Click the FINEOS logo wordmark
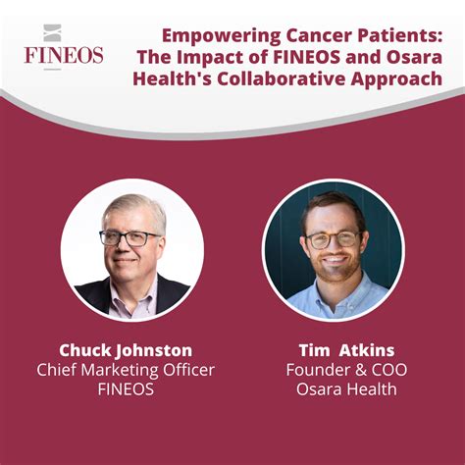click(x=64, y=55)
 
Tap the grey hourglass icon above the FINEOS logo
click(x=52, y=32)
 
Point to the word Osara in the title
click(x=415, y=58)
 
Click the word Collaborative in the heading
click(x=281, y=78)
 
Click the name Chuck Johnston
click(x=126, y=351)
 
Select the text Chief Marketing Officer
click(x=126, y=370)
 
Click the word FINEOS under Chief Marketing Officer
click(x=126, y=389)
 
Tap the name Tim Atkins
click(x=346, y=350)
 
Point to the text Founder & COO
click(x=346, y=370)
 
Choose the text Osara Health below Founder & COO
click(x=346, y=389)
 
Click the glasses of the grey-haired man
click(x=129, y=238)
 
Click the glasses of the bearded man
click(x=334, y=239)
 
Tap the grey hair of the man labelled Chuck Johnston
click(x=135, y=209)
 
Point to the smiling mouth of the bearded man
click(x=334, y=260)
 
